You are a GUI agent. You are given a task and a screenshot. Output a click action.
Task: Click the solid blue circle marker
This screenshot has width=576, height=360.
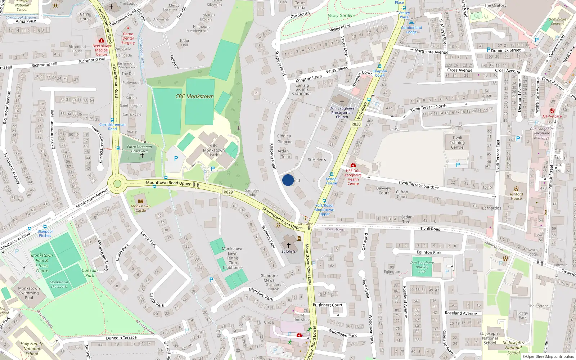(288, 180)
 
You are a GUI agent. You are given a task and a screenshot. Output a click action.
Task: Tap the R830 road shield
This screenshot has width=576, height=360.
(356, 124)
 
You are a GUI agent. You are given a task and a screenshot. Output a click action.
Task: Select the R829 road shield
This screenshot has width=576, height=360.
(228, 192)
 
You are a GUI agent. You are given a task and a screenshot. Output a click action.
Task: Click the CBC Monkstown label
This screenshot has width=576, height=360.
(194, 96)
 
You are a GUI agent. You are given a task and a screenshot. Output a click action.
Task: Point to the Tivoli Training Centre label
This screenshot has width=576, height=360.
(457, 143)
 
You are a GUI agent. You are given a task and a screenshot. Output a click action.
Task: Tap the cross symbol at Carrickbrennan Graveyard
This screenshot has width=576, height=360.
(142, 156)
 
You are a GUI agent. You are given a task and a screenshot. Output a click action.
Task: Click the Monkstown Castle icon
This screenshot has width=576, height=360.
(141, 201)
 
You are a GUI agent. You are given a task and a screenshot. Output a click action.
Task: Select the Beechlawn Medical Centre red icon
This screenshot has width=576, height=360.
(102, 41)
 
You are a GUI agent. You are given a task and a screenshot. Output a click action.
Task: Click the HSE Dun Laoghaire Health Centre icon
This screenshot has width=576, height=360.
(353, 165)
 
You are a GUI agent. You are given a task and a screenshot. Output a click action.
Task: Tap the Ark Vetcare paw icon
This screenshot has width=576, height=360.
(552, 111)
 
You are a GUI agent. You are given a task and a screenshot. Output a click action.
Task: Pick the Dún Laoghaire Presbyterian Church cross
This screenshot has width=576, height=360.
(342, 103)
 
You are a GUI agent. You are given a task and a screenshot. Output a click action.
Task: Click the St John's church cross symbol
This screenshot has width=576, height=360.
(288, 245)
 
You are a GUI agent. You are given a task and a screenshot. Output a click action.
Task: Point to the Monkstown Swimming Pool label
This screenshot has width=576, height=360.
(29, 293)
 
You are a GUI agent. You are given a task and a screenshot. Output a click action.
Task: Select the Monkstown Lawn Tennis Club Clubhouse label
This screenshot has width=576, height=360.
(233, 258)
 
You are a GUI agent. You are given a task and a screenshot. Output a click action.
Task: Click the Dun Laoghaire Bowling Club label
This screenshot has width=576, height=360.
(422, 267)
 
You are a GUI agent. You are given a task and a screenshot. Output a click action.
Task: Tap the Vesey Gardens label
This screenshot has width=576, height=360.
(342, 16)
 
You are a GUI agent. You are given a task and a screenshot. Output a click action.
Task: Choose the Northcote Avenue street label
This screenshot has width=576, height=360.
(431, 52)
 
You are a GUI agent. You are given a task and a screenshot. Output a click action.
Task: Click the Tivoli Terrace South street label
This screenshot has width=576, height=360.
(416, 185)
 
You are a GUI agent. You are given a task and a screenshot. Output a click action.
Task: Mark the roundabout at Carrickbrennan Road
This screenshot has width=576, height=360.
(117, 184)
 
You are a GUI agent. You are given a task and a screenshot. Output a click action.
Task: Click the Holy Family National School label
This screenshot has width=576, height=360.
(32, 348)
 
